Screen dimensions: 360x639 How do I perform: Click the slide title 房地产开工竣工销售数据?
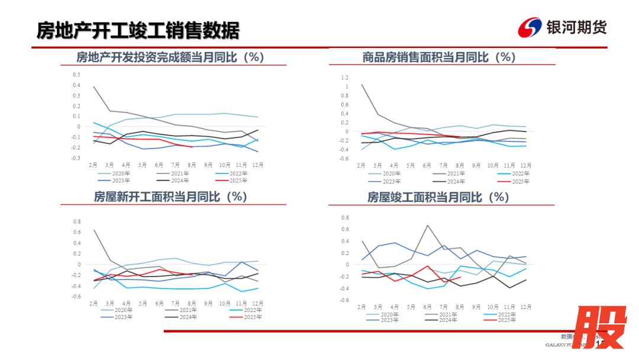click(x=138, y=29)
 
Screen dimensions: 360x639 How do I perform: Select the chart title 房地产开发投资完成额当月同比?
click(x=170, y=57)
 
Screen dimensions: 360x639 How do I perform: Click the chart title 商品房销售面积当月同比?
click(x=439, y=57)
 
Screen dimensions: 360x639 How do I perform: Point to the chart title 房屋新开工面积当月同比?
click(x=170, y=197)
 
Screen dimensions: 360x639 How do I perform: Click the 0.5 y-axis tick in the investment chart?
click(x=76, y=75)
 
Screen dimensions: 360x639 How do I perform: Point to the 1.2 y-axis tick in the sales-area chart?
click(x=345, y=78)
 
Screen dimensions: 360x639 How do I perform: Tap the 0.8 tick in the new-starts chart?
click(x=76, y=222)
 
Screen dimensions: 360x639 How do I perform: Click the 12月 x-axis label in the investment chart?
click(x=258, y=165)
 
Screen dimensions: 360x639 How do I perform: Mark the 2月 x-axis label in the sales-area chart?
click(x=361, y=165)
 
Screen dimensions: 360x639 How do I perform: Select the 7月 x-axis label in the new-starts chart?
click(x=176, y=303)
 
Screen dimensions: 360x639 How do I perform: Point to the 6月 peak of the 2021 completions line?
click(x=427, y=225)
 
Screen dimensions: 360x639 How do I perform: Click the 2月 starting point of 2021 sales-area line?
click(x=362, y=84)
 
